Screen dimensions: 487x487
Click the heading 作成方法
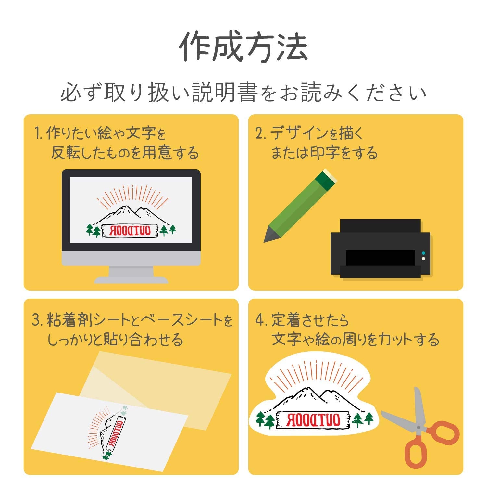(243, 46)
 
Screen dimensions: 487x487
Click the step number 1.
(38, 133)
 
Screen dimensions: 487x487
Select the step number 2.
(260, 133)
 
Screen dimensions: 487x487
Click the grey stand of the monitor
(131, 274)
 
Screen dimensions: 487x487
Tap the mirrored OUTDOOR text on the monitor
(130, 231)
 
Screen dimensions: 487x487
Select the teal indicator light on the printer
(423, 253)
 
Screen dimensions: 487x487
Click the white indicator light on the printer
(423, 259)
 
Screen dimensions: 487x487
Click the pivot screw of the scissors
(418, 427)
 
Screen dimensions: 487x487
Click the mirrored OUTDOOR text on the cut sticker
(313, 420)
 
